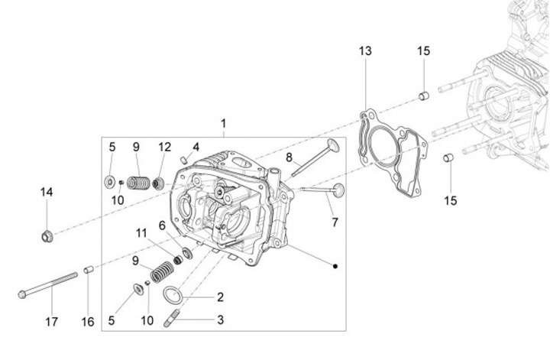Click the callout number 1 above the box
tap(224, 123)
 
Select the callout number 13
tap(365, 51)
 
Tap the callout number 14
tap(47, 193)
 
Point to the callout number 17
tap(51, 323)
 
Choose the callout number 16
tap(88, 323)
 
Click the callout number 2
tap(220, 297)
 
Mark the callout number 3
tap(220, 320)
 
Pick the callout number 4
tap(196, 146)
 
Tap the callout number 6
tap(163, 225)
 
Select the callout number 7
tap(334, 222)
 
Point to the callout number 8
tap(290, 157)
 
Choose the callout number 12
tap(164, 146)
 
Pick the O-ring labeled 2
tap(173, 294)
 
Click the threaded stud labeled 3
tap(171, 319)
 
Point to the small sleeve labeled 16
tap(88, 271)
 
